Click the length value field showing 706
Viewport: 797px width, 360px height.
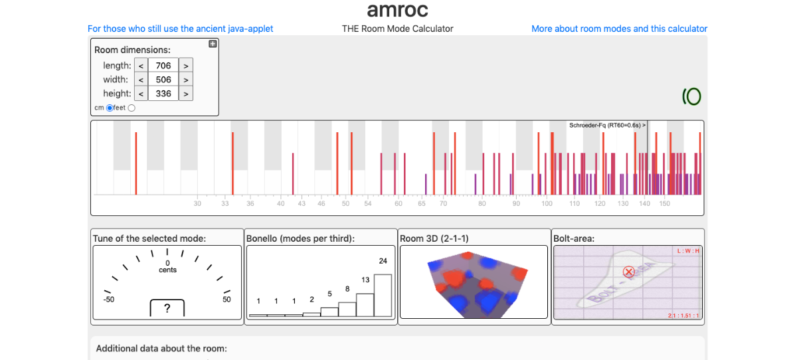(163, 66)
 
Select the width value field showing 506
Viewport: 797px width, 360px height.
(163, 80)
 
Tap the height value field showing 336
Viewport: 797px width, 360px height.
(163, 94)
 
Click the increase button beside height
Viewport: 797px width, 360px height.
(186, 94)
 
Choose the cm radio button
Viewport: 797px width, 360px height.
(110, 108)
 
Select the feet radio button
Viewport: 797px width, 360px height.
(131, 108)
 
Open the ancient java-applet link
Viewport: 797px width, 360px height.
(180, 29)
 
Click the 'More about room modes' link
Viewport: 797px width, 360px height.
(619, 29)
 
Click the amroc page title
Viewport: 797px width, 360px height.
(397, 10)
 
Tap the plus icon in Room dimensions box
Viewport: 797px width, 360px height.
(213, 44)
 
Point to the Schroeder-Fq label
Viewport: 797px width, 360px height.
(606, 125)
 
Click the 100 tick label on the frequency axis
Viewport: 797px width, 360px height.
(547, 203)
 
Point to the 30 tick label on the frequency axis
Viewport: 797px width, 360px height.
(197, 203)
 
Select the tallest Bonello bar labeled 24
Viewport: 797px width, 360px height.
(383, 295)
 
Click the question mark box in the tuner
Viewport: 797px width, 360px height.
(167, 308)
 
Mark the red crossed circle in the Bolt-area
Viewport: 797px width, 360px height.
(628, 272)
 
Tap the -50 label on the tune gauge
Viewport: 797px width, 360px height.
(109, 300)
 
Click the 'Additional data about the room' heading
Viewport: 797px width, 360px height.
(161, 348)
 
